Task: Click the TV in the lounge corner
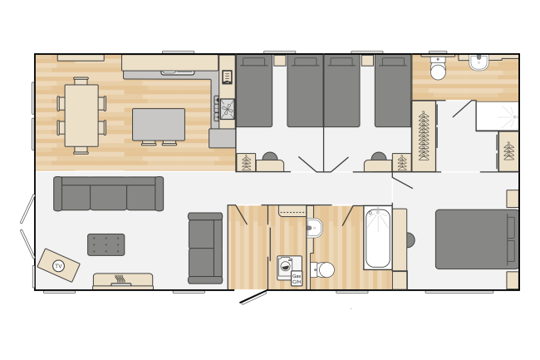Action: (x=58, y=265)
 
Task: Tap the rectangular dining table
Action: (x=81, y=116)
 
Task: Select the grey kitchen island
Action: (x=158, y=124)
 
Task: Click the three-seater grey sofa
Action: (x=108, y=194)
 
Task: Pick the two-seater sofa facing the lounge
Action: (x=204, y=249)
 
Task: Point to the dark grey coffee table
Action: (x=106, y=244)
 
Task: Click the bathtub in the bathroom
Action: (x=377, y=238)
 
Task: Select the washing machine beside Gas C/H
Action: (x=285, y=266)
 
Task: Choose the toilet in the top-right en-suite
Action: (x=438, y=70)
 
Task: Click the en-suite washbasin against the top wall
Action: (x=479, y=62)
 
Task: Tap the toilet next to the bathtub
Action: (x=324, y=269)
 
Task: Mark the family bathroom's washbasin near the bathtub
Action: (x=313, y=227)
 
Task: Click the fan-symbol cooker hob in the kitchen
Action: (x=227, y=109)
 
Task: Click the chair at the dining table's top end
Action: (x=81, y=81)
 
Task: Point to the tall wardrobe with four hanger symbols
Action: (x=424, y=136)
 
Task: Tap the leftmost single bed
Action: (x=253, y=91)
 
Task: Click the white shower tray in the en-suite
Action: (x=497, y=116)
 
